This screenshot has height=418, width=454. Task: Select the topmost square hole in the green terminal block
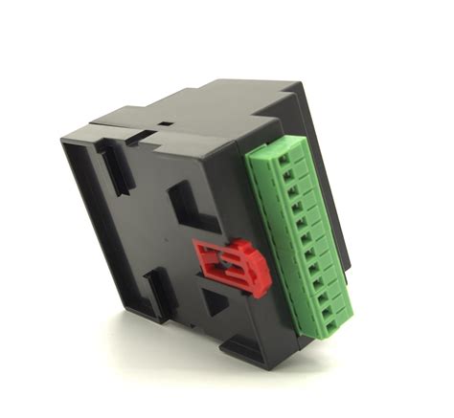[x=288, y=159]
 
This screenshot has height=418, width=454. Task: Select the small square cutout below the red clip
[x=216, y=303]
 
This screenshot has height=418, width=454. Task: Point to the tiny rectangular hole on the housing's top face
[x=166, y=123]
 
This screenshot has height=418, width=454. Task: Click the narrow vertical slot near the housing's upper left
[x=114, y=164]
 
